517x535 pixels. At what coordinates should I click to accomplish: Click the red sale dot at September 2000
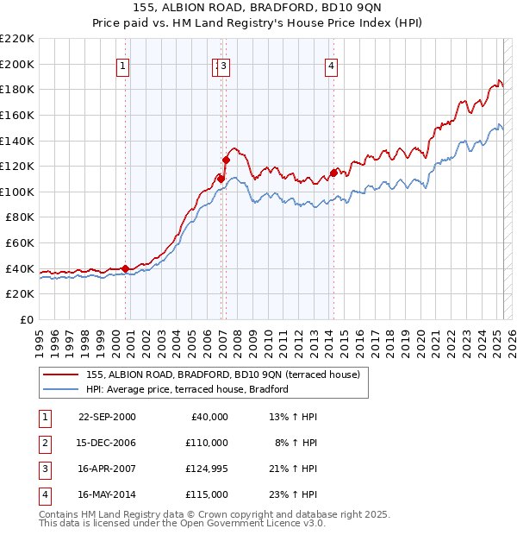[125, 268]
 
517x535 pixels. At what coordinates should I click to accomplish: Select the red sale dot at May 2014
[333, 173]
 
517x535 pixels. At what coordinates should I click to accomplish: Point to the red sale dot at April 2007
[226, 160]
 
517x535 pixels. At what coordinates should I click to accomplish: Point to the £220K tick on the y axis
[17, 39]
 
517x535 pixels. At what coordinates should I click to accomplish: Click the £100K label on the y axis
[17, 192]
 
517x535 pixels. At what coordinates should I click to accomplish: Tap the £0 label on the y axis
[26, 319]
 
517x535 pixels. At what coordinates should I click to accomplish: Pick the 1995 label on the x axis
[40, 340]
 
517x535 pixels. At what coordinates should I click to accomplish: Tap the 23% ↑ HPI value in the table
[294, 495]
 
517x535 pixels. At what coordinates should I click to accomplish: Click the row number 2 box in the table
[44, 444]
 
